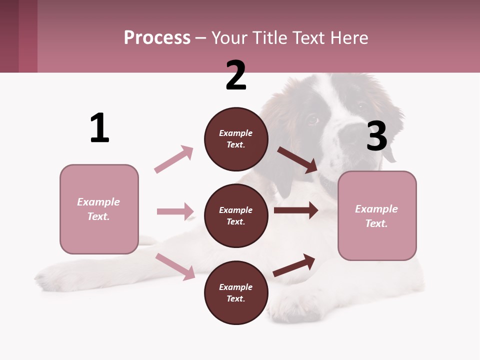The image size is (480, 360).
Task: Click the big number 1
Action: pyautogui.click(x=99, y=128)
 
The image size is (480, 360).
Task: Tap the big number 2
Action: pyautogui.click(x=236, y=75)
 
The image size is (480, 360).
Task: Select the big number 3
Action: pyautogui.click(x=376, y=136)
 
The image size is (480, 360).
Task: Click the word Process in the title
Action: pyautogui.click(x=157, y=37)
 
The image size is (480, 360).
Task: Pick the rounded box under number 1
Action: pyautogui.click(x=99, y=209)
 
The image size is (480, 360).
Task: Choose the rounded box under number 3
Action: pyautogui.click(x=377, y=215)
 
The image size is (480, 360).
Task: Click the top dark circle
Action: pyautogui.click(x=236, y=139)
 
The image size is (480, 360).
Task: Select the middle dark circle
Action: pyautogui.click(x=236, y=215)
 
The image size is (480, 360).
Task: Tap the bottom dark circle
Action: pyautogui.click(x=236, y=292)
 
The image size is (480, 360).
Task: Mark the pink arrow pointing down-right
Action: pyautogui.click(x=175, y=266)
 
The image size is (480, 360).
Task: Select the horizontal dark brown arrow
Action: pyautogui.click(x=296, y=210)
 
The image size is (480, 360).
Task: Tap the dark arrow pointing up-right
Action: pyautogui.click(x=294, y=265)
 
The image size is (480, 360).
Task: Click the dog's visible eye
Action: pyautogui.click(x=312, y=119)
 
